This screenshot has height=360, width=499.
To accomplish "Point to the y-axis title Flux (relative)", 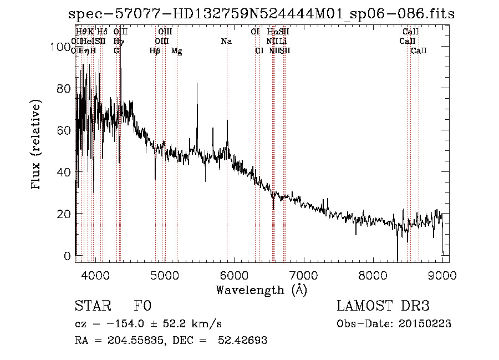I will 37,145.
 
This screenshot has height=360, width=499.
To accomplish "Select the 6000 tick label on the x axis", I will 234,275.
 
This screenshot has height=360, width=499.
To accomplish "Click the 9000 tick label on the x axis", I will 442,275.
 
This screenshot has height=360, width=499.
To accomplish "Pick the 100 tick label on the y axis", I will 59,48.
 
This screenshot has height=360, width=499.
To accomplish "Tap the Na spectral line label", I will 226,42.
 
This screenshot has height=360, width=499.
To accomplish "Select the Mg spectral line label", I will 176,51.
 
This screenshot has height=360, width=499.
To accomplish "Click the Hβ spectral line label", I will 155,51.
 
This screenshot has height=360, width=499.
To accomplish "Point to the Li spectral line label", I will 283,42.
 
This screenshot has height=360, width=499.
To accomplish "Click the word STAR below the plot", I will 93,306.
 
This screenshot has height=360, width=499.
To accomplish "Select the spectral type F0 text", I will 142,306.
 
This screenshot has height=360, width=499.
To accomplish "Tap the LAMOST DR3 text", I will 383,306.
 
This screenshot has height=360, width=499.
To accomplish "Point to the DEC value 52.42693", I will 243,341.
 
